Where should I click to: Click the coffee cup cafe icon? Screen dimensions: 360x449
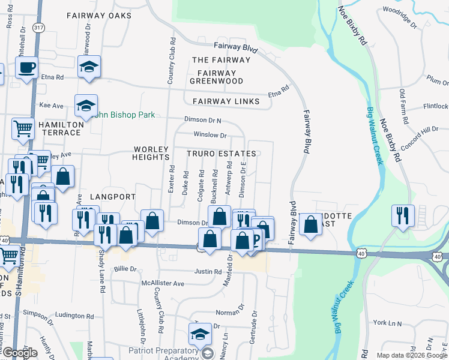[x=26, y=68]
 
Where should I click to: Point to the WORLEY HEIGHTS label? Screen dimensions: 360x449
[x=151, y=152]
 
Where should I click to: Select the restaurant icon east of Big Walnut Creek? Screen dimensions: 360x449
[x=402, y=215]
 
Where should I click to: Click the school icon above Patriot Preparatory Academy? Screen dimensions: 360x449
[x=200, y=334]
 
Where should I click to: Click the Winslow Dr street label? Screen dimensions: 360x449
[x=209, y=136]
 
